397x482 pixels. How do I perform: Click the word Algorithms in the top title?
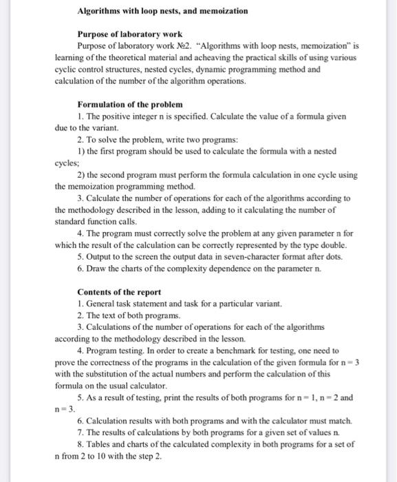coord(100,12)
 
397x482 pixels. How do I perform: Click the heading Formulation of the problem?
coord(130,105)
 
